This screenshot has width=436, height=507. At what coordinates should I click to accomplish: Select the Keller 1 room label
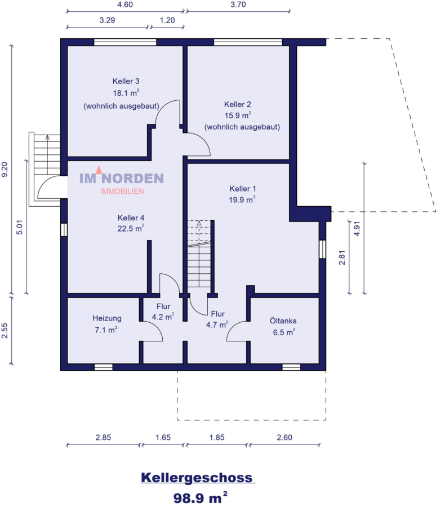(x=243, y=188)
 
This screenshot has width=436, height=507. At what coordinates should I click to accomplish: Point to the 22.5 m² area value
(x=131, y=228)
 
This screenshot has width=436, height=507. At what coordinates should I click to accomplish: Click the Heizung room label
(x=107, y=318)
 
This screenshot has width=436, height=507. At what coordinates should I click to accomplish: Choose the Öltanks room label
(x=284, y=321)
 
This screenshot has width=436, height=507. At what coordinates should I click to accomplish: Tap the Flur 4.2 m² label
(x=163, y=312)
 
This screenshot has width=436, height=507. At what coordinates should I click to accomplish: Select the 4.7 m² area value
(x=217, y=324)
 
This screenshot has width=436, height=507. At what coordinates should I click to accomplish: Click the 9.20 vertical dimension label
(x=6, y=170)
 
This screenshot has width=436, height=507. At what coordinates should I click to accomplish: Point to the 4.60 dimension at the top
(x=124, y=5)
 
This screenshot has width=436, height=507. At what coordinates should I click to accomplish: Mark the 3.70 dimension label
(x=238, y=5)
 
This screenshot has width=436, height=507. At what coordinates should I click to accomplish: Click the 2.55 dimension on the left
(x=6, y=330)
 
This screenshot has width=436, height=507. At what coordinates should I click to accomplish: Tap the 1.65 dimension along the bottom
(x=163, y=437)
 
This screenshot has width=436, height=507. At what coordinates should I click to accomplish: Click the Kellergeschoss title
(x=197, y=478)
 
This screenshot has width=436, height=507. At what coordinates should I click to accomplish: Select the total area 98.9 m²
(x=201, y=497)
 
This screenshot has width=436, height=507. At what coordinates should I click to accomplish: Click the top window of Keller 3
(x=124, y=42)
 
